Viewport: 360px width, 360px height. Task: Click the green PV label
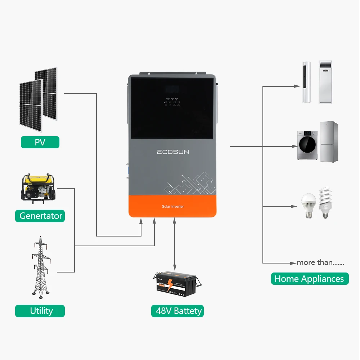40,142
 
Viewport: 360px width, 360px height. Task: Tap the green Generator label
40,216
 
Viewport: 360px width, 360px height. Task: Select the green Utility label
40,311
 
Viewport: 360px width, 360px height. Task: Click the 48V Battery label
177,311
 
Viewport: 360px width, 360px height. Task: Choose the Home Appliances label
310,279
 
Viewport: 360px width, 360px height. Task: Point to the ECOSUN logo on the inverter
173,152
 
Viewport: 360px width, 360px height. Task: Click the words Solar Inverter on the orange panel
173,206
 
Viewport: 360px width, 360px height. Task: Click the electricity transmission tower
40,266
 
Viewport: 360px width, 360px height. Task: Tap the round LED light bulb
308,205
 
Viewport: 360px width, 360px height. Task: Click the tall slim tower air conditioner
307,82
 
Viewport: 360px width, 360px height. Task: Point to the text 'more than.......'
320,262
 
